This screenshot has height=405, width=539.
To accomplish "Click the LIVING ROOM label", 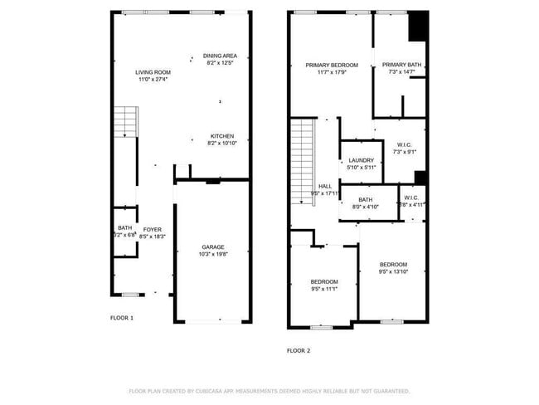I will [x=153, y=72].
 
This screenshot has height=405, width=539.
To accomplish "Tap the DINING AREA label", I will [x=220, y=56].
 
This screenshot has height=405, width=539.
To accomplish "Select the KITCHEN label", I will [x=221, y=136].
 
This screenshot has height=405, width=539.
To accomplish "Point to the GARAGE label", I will [x=213, y=247].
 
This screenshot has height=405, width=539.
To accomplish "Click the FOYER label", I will [x=152, y=229].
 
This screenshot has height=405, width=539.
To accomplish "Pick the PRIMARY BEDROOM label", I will [x=331, y=65].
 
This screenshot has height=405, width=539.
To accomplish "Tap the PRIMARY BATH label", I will [x=401, y=65].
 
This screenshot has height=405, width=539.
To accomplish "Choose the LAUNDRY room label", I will [x=361, y=160].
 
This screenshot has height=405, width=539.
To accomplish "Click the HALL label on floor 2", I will [x=325, y=187].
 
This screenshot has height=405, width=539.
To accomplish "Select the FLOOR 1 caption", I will [x=122, y=318].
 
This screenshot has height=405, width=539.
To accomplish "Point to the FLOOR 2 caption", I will [x=298, y=351].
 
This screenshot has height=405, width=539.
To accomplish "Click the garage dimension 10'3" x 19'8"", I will [x=213, y=255].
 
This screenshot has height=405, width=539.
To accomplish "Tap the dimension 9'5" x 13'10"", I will [x=393, y=271].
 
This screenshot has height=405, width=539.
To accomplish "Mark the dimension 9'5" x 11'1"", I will [x=324, y=289].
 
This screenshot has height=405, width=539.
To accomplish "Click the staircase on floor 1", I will [x=124, y=122].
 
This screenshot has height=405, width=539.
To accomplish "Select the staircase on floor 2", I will [x=303, y=162].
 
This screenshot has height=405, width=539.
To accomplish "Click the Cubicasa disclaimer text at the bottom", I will [x=269, y=391].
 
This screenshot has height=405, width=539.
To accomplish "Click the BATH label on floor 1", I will [x=124, y=228].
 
